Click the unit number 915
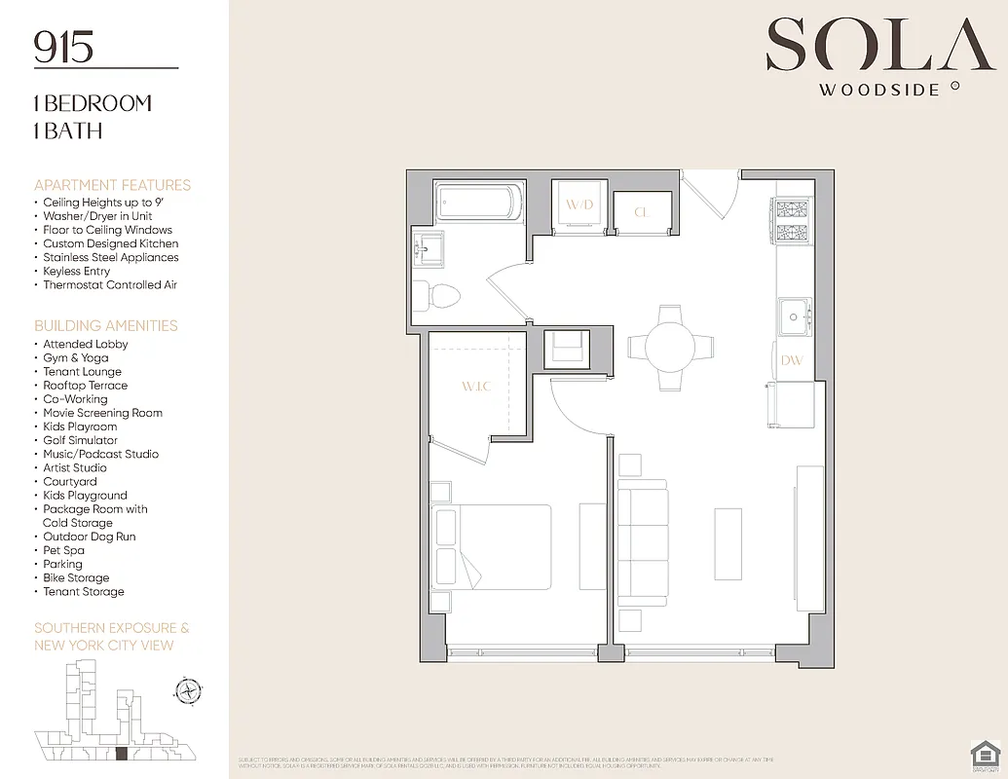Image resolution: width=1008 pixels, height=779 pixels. pos(64,47)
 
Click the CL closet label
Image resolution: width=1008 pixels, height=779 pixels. pos(642,212)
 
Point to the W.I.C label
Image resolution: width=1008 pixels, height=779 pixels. pos(476,387)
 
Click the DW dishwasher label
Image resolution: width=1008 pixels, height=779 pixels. pos(792,360)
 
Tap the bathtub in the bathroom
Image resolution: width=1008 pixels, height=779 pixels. pos(477,202)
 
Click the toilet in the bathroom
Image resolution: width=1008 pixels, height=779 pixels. pos(432,294)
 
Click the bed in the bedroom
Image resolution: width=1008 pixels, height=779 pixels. pos(492,550)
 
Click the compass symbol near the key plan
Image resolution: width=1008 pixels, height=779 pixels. pos(187,691)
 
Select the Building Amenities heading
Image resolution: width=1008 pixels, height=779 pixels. pos(106,325)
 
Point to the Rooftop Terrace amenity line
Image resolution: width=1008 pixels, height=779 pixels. pos(85,386)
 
